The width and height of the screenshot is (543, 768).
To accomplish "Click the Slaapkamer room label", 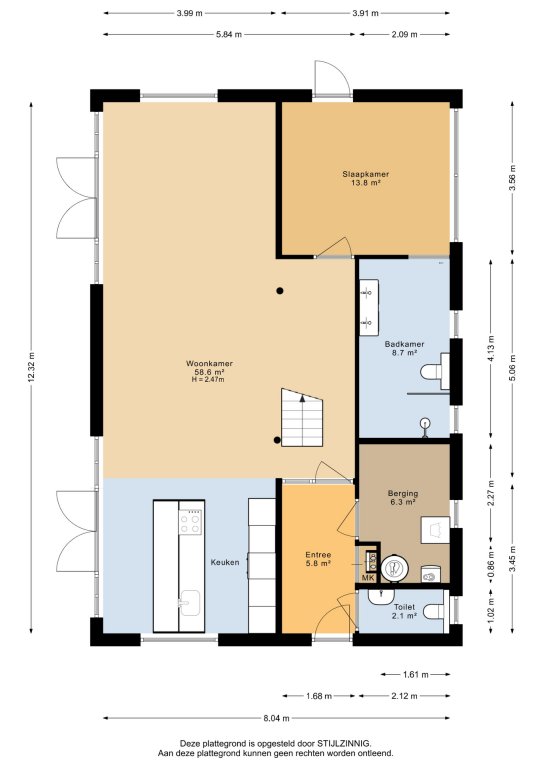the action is point(366,174).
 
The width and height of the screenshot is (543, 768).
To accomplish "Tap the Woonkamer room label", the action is point(209,363).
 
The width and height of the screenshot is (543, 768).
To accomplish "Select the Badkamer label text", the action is point(404,344).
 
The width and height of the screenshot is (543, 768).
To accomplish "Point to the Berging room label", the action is point(403,493).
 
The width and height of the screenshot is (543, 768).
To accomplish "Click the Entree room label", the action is point(318,555).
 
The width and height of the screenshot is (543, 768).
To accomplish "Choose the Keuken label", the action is point(225,562).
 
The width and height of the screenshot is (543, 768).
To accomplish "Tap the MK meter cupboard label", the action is point(368,578).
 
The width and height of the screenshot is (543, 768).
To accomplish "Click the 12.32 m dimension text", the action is point(31,367).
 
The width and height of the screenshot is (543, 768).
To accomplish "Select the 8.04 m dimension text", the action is point(276,718).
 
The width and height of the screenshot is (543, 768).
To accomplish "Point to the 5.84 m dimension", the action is point(229,34).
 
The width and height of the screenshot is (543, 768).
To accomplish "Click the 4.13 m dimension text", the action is point(491,348).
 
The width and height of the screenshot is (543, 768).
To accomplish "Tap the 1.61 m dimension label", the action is point(416,674).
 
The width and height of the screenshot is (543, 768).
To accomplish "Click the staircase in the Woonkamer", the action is point(302,417).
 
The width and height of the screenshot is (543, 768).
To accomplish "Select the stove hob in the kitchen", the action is point(190,522).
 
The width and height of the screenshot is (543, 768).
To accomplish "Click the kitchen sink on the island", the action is point(189,603).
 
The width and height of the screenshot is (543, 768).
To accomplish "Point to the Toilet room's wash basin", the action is point(381,596).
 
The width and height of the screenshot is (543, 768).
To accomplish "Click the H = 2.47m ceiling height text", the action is point(208,379).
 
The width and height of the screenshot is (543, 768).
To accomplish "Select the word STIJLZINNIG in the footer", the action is point(347,743).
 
